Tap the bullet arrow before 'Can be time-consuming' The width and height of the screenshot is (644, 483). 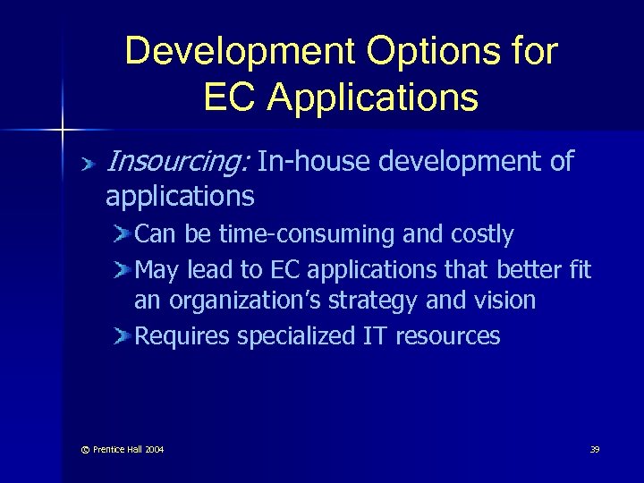coord(122,235)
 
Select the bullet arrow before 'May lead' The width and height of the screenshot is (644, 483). coord(122,269)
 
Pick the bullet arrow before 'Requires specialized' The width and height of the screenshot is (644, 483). coord(122,336)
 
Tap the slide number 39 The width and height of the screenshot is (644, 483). coord(595,449)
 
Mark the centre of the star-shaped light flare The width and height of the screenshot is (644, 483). coord(62,131)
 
